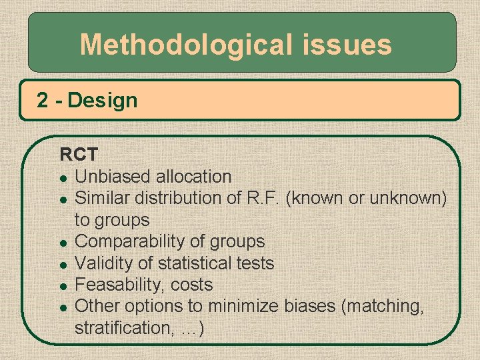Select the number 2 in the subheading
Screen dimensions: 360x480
pyautogui.click(x=43, y=101)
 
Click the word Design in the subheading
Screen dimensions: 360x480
pyautogui.click(x=103, y=101)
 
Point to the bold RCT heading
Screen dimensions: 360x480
pyautogui.click(x=79, y=155)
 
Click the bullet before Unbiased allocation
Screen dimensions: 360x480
pyautogui.click(x=62, y=177)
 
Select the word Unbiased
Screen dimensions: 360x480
pyautogui.click(x=113, y=177)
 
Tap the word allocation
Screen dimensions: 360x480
pyautogui.click(x=193, y=177)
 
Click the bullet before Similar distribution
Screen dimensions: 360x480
pyautogui.click(x=62, y=199)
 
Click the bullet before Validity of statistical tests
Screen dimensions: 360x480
pyautogui.click(x=62, y=264)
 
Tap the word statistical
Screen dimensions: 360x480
pyautogui.click(x=193, y=263)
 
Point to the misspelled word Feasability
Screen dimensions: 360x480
pyautogui.click(x=120, y=285)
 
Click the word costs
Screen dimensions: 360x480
pyautogui.click(x=191, y=285)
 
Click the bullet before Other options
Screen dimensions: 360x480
pyautogui.click(x=62, y=307)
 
